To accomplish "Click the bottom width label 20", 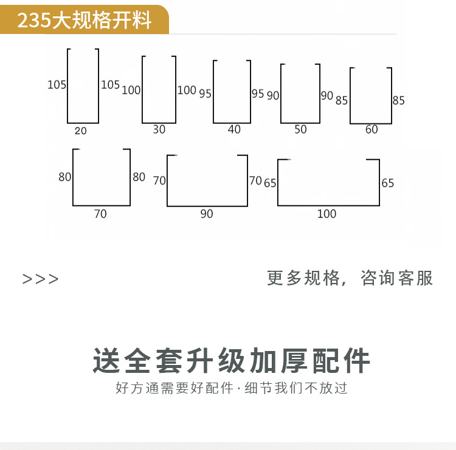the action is pos(81,131).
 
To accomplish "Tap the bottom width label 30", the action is pos(159,129).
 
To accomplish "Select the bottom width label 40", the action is pos(234,129).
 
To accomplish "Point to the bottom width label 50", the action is pos(300,129).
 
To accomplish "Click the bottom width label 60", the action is pos(371,129).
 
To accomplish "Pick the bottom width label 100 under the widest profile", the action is pos(326,214).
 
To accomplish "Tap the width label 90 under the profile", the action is pos(207,214).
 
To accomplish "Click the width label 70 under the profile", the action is pos(100,214).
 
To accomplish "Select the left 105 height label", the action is pos(57,85).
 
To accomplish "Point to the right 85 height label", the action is pos(398,101).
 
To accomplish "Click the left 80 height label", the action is pos(65,177).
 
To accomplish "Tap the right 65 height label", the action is pos(388,183).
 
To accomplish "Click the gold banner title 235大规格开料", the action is pos(84,21).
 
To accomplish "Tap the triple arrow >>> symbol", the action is pos(41,279).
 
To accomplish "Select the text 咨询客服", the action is pos(397,278).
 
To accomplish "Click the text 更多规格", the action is pos(303,278).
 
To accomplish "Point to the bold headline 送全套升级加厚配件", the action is pos(231,361).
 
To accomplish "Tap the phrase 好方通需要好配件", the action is pos(174,388).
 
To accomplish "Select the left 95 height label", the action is pos(205,94).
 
